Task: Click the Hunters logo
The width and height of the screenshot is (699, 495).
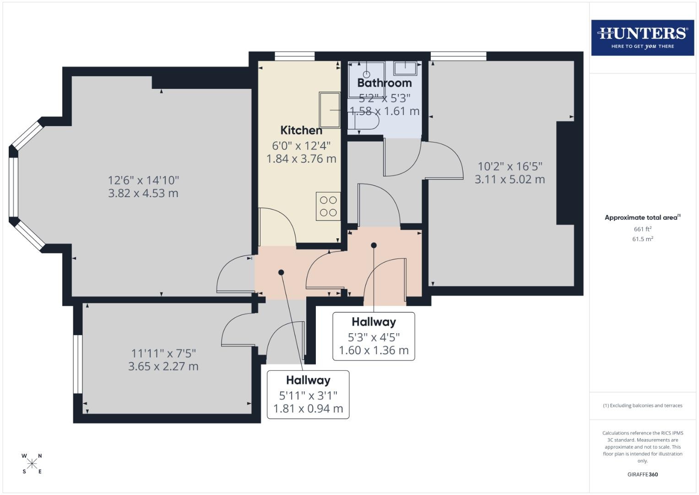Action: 643,38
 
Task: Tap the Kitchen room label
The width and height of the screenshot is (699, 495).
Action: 301,130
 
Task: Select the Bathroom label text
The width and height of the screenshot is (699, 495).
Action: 385,83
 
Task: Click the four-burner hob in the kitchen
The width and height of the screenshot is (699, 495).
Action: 328,206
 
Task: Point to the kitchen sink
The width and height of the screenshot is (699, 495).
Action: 330,110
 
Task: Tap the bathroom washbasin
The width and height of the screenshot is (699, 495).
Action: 405,68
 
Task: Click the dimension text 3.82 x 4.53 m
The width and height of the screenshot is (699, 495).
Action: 143,193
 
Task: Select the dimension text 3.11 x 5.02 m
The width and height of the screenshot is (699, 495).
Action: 509,179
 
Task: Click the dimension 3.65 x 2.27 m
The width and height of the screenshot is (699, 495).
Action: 163,366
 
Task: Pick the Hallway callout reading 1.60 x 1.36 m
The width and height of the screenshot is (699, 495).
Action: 374,336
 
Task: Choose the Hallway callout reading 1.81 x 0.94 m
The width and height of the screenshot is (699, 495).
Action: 308,395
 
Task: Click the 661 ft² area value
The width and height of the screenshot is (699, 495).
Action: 643,229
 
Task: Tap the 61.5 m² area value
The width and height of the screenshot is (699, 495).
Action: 643,239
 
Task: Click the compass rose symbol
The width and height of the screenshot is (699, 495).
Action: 32,463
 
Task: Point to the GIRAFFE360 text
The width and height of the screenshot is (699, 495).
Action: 643,474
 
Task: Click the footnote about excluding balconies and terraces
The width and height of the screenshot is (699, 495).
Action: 643,406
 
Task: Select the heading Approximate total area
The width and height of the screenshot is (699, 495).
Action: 643,218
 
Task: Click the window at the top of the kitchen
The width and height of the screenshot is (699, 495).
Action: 295,56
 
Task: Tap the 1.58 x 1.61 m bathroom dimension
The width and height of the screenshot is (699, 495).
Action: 385,111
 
